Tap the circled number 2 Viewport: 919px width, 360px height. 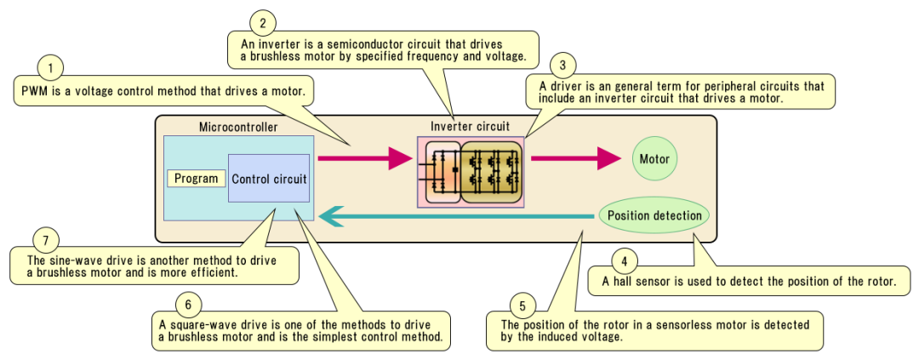(x=263, y=21)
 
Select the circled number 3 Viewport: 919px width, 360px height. (x=562, y=65)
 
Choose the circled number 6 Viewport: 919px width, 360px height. (x=188, y=304)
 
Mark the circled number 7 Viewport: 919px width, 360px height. (x=44, y=238)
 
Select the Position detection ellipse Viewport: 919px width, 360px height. (x=654, y=215)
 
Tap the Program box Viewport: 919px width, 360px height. (x=197, y=179)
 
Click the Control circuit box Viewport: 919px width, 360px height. (x=269, y=179)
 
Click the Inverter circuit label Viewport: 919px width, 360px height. (x=470, y=126)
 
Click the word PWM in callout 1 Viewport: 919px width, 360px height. (x=31, y=90)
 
